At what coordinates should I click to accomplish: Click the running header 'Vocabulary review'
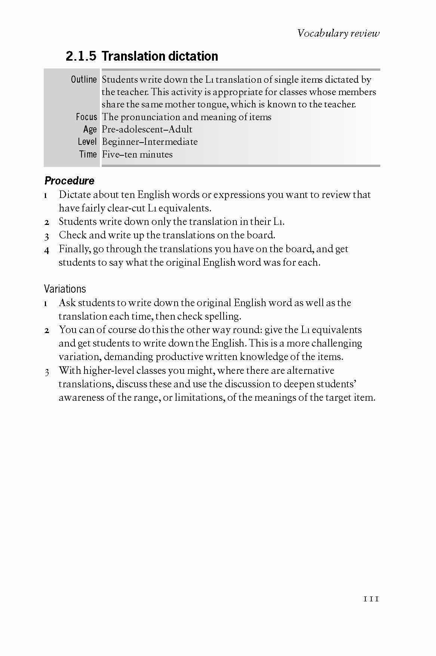pos(338,33)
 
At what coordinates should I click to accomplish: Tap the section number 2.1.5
pos(81,56)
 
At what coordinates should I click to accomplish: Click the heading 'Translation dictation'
pos(160,56)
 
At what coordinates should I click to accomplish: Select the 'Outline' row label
pos(84,79)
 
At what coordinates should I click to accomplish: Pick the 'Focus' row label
pos(86,117)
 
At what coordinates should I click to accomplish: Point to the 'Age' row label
pos(90,129)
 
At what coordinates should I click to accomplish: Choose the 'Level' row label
pos(87,141)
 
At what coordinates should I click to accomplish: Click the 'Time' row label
pos(88,154)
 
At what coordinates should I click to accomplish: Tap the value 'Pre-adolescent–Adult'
pos(147,129)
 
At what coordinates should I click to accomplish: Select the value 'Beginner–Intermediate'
pos(150,142)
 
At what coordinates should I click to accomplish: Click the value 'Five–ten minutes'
pos(137,154)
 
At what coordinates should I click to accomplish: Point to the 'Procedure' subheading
pos(69,181)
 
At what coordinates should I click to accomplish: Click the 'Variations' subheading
pos(65,289)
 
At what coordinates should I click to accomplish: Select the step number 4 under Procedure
pos(47,250)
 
